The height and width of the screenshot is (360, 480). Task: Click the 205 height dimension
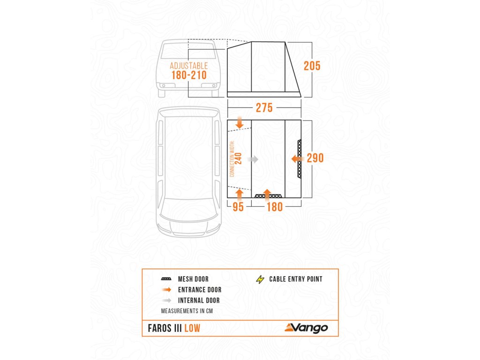click(312, 66)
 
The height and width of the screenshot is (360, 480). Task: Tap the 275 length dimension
click(264, 108)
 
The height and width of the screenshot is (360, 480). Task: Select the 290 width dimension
click(315, 158)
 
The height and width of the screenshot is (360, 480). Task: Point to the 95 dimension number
click(238, 207)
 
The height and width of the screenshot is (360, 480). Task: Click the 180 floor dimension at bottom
click(275, 207)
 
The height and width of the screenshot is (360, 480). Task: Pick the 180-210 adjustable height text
click(188, 75)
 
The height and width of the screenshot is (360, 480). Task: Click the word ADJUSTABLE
click(188, 66)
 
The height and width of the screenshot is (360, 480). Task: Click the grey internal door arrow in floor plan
click(253, 159)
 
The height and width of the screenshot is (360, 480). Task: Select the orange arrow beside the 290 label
click(297, 159)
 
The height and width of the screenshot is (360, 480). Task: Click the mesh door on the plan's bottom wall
click(269, 195)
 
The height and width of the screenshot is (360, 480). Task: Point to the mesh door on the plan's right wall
click(300, 158)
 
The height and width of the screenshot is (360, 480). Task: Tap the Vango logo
click(305, 328)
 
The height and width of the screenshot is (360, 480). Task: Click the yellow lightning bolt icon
click(260, 279)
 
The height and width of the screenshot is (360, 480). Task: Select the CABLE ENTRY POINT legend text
click(296, 279)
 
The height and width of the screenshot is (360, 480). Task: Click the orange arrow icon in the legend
click(167, 290)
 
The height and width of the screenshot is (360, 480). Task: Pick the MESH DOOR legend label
click(194, 279)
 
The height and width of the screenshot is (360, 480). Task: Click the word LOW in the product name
click(192, 329)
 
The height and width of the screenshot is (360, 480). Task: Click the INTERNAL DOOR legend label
click(199, 300)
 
